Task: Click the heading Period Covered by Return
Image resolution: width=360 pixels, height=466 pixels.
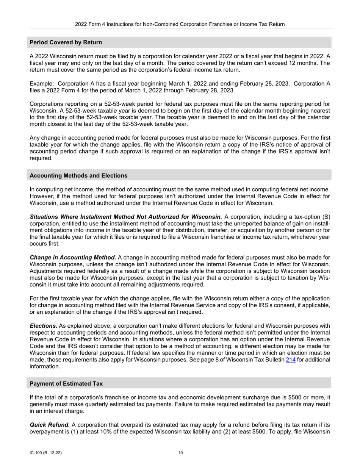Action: coord(66,42)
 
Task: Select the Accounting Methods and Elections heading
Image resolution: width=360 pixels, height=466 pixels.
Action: coord(78,175)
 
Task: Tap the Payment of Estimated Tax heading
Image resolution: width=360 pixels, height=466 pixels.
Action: coord(66,383)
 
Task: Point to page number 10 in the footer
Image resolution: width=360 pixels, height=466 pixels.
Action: coord(180,452)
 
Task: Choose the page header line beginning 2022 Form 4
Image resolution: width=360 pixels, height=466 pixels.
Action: coord(180,24)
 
